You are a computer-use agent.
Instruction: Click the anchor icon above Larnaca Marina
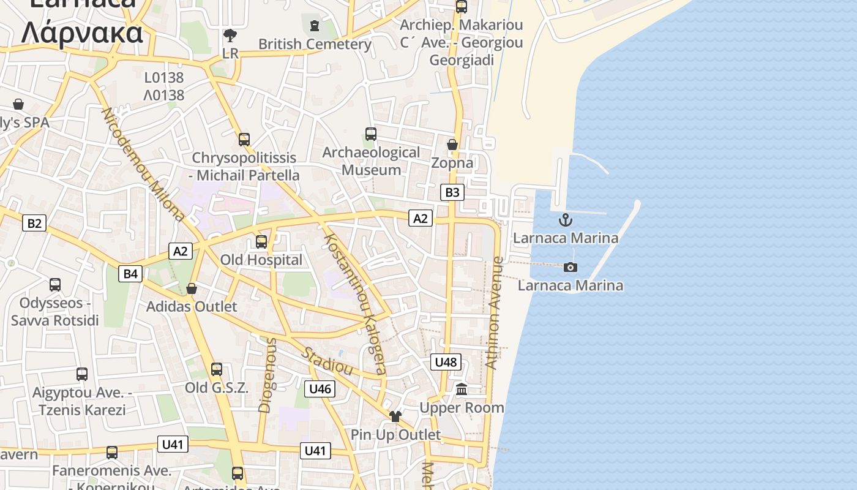coord(566,219)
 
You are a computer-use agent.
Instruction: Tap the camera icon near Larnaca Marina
coord(570,267)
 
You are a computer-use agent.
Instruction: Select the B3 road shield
coord(452,192)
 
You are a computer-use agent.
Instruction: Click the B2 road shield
coord(34,223)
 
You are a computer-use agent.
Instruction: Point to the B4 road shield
coord(130,273)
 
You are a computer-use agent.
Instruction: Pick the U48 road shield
coord(446,362)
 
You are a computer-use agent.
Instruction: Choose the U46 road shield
coord(320,388)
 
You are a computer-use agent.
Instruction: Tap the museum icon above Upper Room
coord(462,389)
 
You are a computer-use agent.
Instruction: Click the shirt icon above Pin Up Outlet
coord(395,417)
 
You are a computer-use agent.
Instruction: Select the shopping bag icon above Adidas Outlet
coord(192,288)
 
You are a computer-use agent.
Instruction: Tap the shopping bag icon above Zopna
coord(452,145)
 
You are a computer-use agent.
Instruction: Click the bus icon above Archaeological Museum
coord(370,134)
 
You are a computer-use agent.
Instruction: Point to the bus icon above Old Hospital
coord(261,241)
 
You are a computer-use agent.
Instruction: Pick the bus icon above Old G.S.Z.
coord(217,369)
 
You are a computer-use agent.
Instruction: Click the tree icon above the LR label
coord(230,36)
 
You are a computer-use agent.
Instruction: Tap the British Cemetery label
coord(315,44)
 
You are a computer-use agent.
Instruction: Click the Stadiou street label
coord(327,361)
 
